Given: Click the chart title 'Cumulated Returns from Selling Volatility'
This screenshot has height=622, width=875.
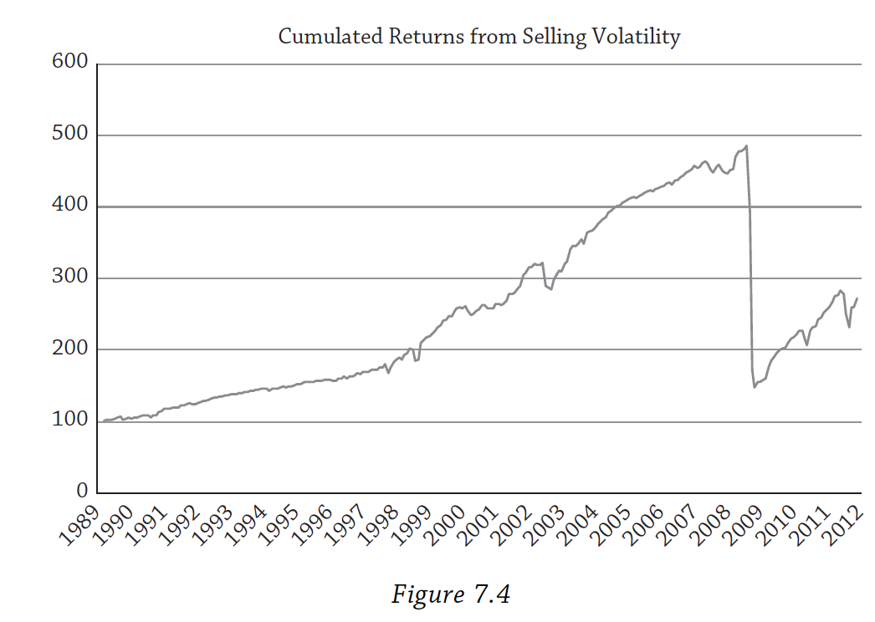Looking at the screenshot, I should click(478, 37).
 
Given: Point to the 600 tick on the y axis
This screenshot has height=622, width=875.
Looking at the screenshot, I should click(69, 64).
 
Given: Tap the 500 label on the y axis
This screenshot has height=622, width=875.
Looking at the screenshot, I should click(69, 135).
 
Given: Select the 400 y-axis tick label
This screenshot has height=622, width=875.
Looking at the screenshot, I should click(69, 206).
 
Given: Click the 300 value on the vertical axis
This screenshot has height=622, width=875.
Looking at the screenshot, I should click(69, 278).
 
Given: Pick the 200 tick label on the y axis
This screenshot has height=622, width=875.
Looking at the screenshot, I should click(69, 349).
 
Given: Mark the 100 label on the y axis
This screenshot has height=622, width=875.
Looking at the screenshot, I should click(69, 421).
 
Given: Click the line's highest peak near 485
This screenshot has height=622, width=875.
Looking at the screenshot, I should click(746, 146).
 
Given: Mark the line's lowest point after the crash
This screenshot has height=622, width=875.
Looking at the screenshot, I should click(755, 387).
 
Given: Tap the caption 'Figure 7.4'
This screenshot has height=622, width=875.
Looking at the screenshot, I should click(451, 594).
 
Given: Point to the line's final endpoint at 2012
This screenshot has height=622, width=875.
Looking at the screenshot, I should click(857, 298).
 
